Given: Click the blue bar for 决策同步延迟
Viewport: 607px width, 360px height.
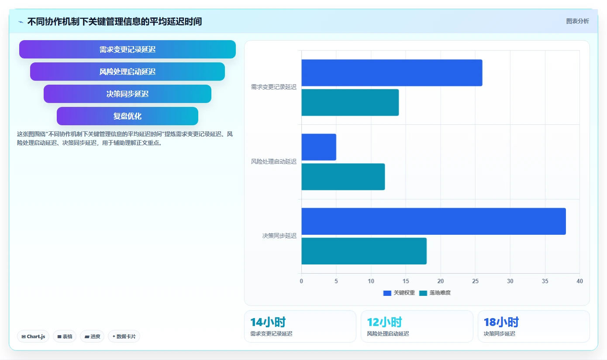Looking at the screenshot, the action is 434,221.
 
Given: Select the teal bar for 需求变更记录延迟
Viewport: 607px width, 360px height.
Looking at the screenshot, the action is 350,103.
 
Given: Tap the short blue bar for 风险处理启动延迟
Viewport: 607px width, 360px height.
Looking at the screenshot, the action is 319,147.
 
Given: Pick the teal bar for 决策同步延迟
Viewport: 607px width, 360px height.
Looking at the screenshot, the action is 364,251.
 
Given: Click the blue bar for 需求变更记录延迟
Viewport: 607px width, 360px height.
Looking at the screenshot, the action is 392,73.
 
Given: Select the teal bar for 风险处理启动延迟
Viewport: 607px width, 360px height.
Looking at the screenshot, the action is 343,177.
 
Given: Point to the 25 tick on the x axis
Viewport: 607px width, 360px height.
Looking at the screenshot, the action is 475,281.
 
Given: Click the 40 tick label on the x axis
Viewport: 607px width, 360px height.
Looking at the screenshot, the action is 579,281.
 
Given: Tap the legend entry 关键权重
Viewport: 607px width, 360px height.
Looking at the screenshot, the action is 399,293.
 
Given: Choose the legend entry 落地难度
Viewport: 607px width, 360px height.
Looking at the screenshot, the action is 435,293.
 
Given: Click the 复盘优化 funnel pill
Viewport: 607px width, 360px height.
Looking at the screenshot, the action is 128,116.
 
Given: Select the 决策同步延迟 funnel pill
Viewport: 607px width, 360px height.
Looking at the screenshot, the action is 128,94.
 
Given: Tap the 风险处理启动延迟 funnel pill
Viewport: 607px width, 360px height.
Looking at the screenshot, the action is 128,72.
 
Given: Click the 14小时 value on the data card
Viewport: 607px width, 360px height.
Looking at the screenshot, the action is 268,322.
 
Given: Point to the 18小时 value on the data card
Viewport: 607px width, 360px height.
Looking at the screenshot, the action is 501,322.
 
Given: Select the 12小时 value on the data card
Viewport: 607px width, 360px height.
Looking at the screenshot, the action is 384,322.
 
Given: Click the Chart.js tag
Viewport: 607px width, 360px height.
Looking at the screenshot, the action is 33,336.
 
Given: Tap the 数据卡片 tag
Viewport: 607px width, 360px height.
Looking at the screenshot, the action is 124,336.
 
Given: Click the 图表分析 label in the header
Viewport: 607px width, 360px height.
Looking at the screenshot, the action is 577,21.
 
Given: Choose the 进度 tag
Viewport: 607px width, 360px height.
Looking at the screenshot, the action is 92,336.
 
